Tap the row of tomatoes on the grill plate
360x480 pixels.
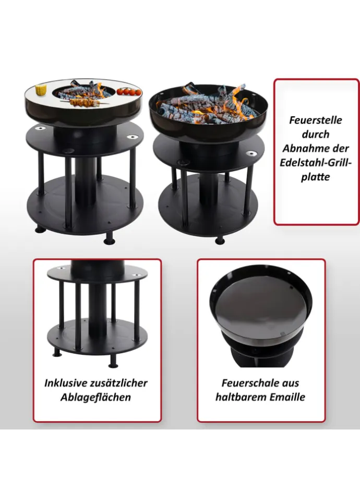[129, 91]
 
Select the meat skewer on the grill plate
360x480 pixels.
[83, 102]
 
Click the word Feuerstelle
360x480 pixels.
[316, 120]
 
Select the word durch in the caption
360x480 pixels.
[316, 135]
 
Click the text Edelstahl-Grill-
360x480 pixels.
[316, 163]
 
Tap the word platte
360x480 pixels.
[316, 177]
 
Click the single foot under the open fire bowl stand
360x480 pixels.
[220, 240]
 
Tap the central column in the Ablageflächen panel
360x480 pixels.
[97, 308]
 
